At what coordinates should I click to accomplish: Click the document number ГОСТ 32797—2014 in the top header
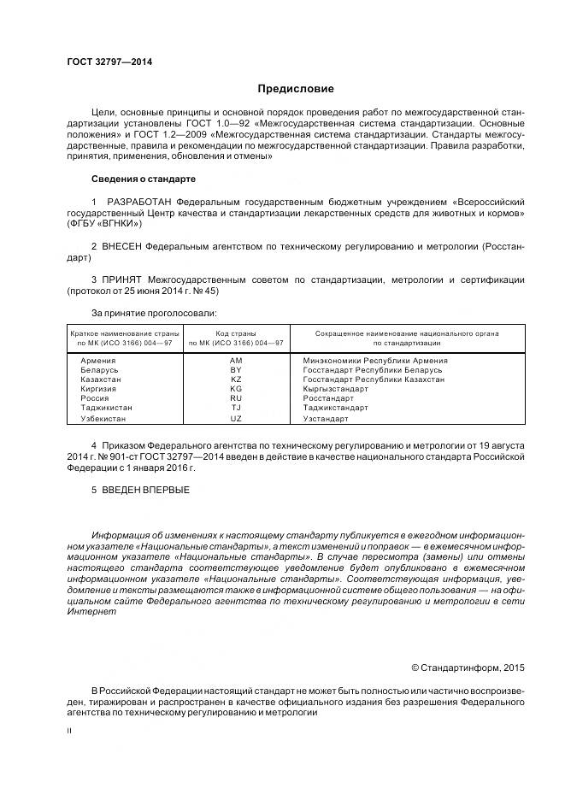pyautogui.click(x=103, y=62)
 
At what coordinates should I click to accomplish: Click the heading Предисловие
pyautogui.click(x=296, y=89)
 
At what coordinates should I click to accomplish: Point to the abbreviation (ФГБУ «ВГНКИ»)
pyautogui.click(x=105, y=223)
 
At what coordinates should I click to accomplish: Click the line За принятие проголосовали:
pyautogui.click(x=154, y=314)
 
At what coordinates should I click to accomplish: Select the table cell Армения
pyautogui.click(x=97, y=361)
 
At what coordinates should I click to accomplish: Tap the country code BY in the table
pyautogui.click(x=236, y=370)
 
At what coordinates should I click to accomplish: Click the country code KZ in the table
pyautogui.click(x=236, y=379)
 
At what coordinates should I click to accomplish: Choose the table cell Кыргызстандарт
pyautogui.click(x=336, y=389)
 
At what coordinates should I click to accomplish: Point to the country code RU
pyautogui.click(x=236, y=399)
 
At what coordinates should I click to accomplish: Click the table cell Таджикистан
pyautogui.click(x=106, y=409)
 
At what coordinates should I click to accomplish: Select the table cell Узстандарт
pyautogui.click(x=327, y=420)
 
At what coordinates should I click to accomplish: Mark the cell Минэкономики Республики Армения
pyautogui.click(x=375, y=361)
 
